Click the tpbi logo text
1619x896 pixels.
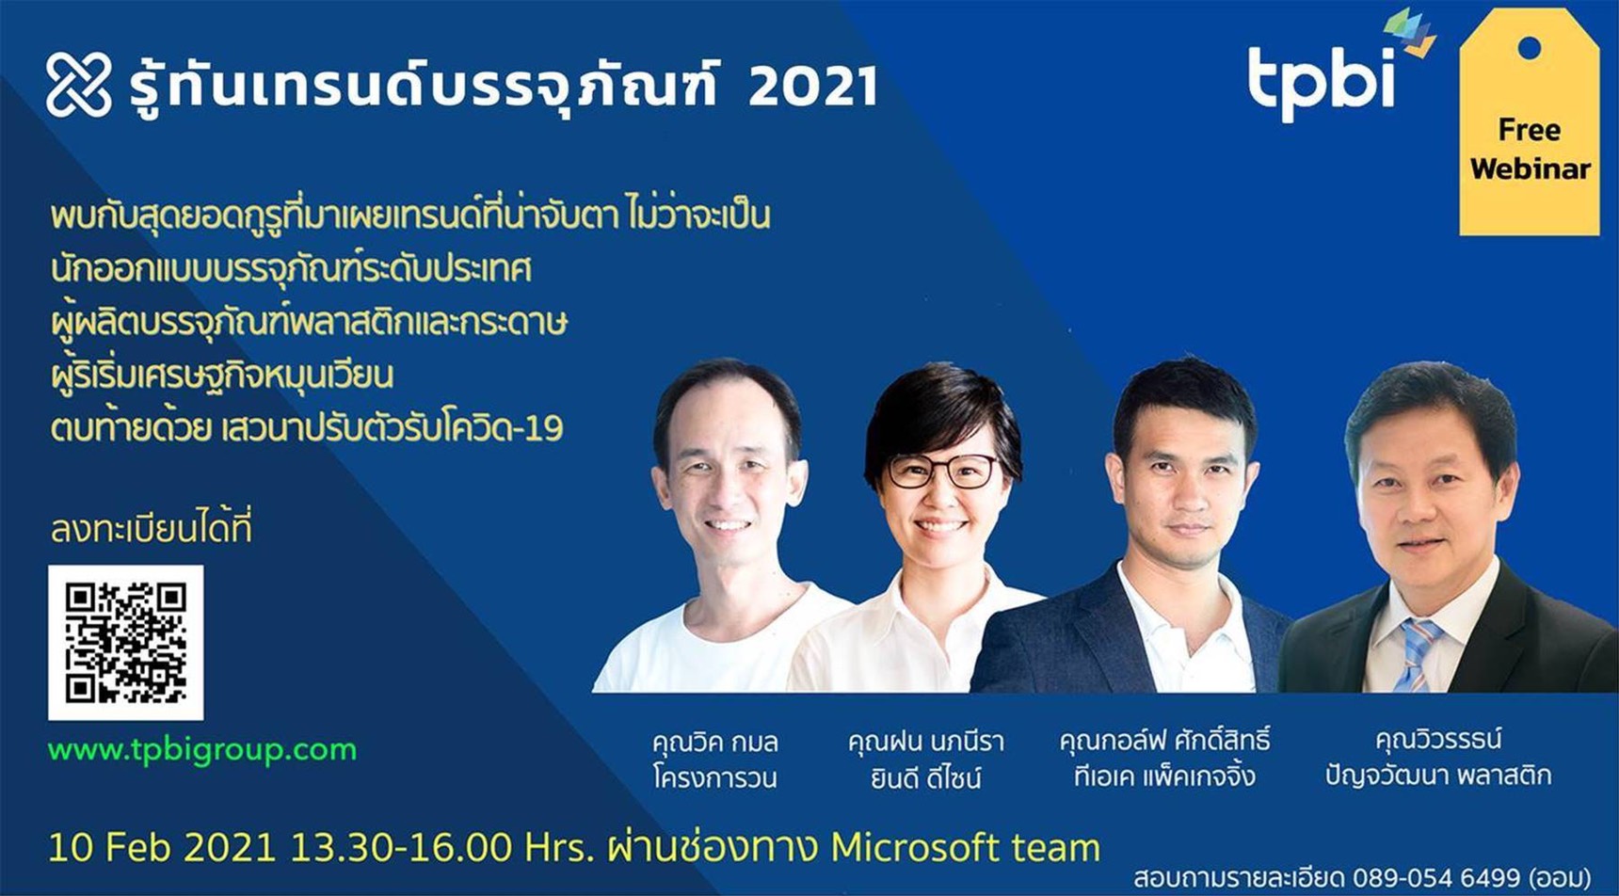pyautogui.click(x=1321, y=81)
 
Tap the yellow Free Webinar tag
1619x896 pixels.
pyautogui.click(x=1529, y=122)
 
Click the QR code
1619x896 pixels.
pyautogui.click(x=125, y=642)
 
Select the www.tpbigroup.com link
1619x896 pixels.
pyautogui.click(x=202, y=750)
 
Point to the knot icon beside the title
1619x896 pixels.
pyautogui.click(x=79, y=85)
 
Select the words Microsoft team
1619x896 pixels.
pyautogui.click(x=965, y=848)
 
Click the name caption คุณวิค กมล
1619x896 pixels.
pyautogui.click(x=714, y=743)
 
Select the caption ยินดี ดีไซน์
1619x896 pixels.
pyautogui.click(x=926, y=777)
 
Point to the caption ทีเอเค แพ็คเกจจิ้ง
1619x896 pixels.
pyautogui.click(x=1165, y=776)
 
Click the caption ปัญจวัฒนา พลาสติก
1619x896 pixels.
pyautogui.click(x=1437, y=776)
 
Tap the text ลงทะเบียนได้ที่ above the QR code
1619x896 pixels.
pyautogui.click(x=152, y=528)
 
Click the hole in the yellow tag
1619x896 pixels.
pyautogui.click(x=1530, y=47)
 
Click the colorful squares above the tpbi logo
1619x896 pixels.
pyautogui.click(x=1410, y=32)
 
